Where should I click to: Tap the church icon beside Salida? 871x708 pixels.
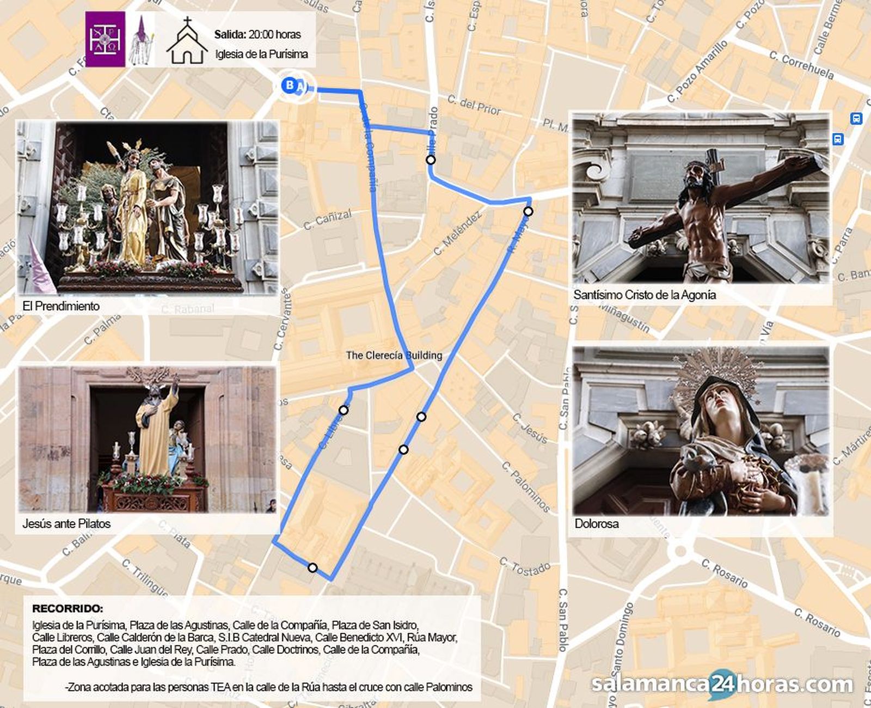coord(187,41)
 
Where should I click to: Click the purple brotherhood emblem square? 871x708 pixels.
coord(105,39)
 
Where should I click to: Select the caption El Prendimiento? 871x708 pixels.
coord(61,306)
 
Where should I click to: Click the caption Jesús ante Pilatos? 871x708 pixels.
coord(66,524)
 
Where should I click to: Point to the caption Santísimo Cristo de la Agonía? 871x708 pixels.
coord(645,295)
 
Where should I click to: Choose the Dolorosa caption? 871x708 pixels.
coord(597,524)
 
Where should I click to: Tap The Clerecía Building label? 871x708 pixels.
coord(394,355)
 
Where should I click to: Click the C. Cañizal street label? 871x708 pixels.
coord(328,219)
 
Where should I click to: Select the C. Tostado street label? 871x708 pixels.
coord(524,567)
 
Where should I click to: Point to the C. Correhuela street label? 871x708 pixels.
coord(801,65)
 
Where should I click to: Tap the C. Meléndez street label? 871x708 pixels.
coord(458,234)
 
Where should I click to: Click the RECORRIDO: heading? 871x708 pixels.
coord(68,609)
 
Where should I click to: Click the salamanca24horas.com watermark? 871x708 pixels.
coord(722,684)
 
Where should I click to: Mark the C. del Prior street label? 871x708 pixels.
coord(474,105)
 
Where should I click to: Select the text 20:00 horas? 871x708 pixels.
coord(275,35)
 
